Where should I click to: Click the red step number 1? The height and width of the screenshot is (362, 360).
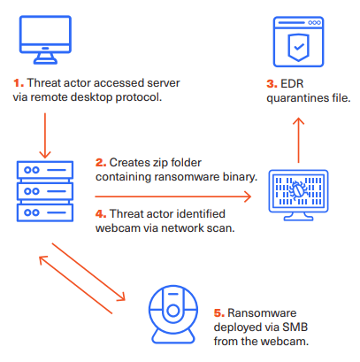click(x=17, y=82)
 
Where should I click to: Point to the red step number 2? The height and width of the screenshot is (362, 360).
click(x=99, y=163)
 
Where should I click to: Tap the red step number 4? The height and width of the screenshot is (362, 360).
click(x=99, y=212)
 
